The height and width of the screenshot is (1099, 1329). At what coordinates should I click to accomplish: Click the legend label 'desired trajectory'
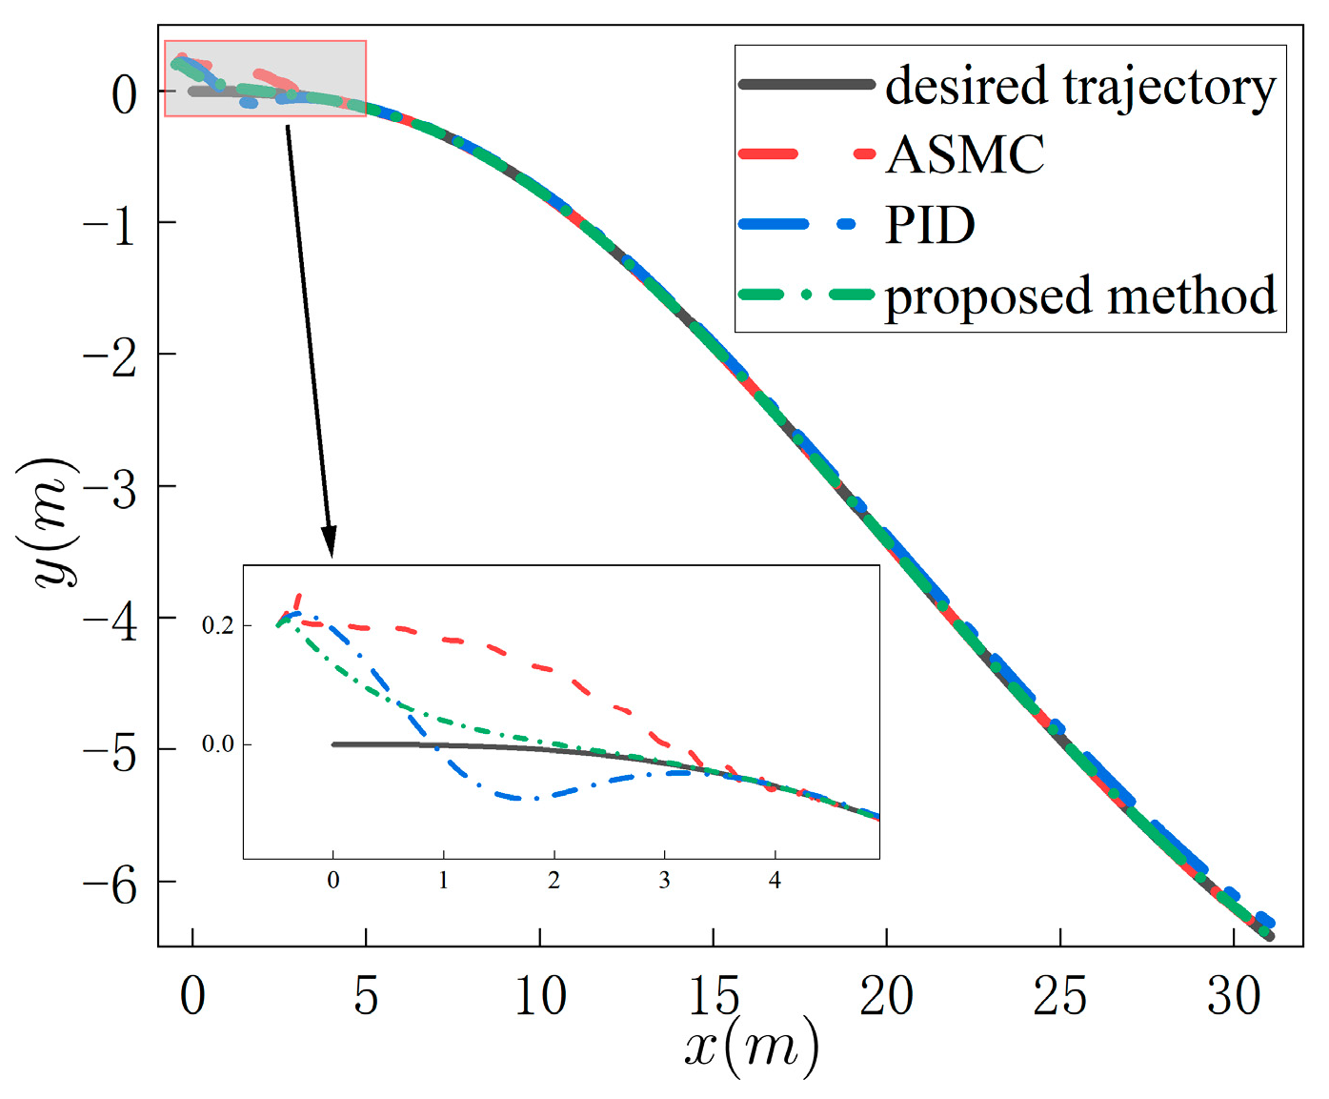pyautogui.click(x=1079, y=87)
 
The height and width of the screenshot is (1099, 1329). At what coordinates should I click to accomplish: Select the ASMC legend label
pyautogui.click(x=965, y=154)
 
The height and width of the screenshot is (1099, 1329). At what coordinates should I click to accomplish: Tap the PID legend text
pyautogui.click(x=930, y=225)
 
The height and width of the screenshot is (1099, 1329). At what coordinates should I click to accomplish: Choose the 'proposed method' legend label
pyautogui.click(x=1079, y=296)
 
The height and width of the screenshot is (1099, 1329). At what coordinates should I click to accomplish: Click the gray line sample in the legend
pyautogui.click(x=806, y=85)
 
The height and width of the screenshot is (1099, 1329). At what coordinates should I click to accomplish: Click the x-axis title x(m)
pyautogui.click(x=752, y=1047)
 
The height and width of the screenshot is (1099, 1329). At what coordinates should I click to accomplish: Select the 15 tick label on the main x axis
pyautogui.click(x=713, y=996)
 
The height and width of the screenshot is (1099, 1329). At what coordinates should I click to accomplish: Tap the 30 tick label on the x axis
pyautogui.click(x=1233, y=996)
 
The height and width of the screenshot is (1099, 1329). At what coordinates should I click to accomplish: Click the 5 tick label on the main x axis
pyautogui.click(x=366, y=996)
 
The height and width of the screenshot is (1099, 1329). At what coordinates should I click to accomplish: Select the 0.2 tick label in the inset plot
pyautogui.click(x=217, y=626)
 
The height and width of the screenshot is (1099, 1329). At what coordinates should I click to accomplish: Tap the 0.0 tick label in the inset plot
pyautogui.click(x=217, y=744)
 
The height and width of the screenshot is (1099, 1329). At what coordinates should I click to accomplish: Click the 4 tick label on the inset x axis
pyautogui.click(x=775, y=880)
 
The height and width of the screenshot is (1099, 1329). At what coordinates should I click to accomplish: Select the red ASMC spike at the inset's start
pyautogui.click(x=299, y=599)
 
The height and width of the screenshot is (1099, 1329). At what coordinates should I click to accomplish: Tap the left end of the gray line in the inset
pyautogui.click(x=334, y=744)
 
